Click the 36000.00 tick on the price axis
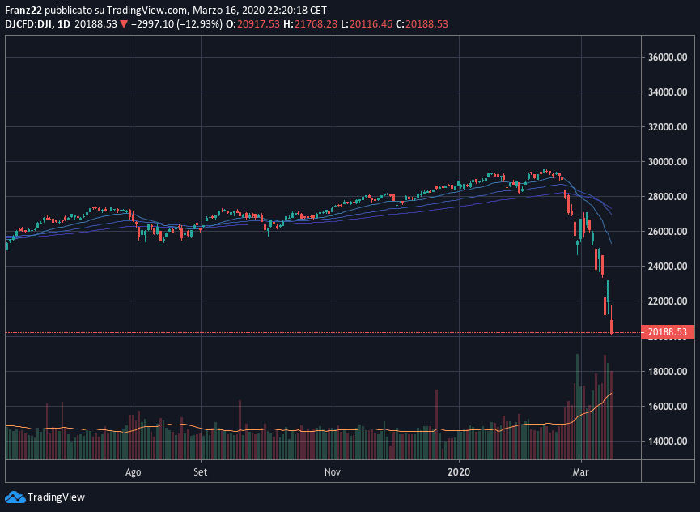pyautogui.click(x=668, y=58)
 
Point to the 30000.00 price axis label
pyautogui.click(x=668, y=162)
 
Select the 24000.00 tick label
pyautogui.click(x=668, y=267)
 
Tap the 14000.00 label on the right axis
pyautogui.click(x=668, y=442)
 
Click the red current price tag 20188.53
pyautogui.click(x=667, y=332)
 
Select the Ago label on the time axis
pyautogui.click(x=134, y=471)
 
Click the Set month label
pyautogui.click(x=201, y=471)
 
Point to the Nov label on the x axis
pyautogui.click(x=331, y=471)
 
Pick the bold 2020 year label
pyautogui.click(x=459, y=471)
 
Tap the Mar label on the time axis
pyautogui.click(x=580, y=471)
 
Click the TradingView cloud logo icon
pyautogui.click(x=14, y=497)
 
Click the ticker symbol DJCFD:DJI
pyautogui.click(x=29, y=24)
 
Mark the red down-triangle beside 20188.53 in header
pyautogui.click(x=124, y=24)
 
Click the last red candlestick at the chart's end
pyautogui.click(x=612, y=326)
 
